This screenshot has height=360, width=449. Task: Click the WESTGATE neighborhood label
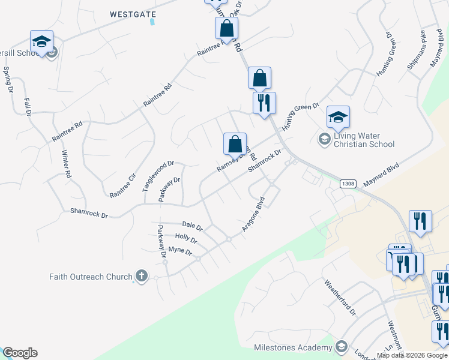133,13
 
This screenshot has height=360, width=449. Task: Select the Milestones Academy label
293,348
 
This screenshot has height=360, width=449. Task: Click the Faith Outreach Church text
91,277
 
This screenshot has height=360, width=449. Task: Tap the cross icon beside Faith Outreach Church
141,277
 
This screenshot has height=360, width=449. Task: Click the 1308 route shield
348,184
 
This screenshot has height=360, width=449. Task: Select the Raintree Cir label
123,185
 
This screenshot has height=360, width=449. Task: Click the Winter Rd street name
67,164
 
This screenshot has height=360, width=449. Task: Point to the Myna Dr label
179,251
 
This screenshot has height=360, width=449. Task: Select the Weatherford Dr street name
340,296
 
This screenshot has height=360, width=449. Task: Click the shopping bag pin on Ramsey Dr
235,144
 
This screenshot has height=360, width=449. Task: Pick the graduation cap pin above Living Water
338,117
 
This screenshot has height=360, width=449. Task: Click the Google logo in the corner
20,353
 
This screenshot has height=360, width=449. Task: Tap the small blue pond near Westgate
152,22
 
